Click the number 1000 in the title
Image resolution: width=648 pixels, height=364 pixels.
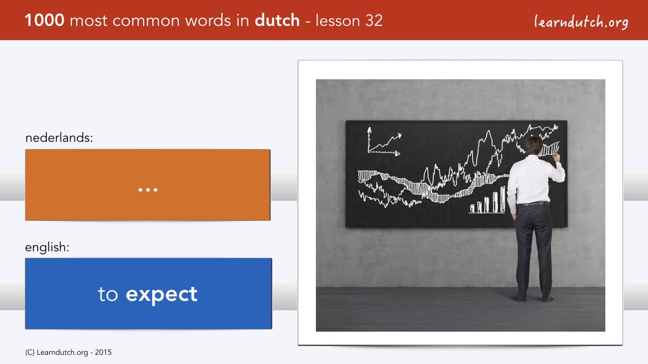click(x=44, y=20)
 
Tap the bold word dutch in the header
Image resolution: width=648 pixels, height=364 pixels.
click(x=277, y=20)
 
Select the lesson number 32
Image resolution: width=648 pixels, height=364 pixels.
click(x=374, y=20)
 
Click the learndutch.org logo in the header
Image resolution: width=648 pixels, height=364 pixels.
click(x=581, y=22)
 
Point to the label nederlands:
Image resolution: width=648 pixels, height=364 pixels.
click(x=59, y=138)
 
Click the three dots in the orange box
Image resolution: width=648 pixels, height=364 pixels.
click(x=148, y=190)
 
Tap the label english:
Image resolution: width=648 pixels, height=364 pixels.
click(x=47, y=247)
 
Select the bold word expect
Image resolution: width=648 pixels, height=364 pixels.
click(x=161, y=295)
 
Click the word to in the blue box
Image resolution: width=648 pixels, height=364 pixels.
click(x=108, y=294)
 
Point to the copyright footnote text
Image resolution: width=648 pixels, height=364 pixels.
click(x=68, y=353)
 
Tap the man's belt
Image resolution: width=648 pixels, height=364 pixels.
click(x=533, y=204)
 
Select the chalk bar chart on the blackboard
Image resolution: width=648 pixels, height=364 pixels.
click(x=488, y=200)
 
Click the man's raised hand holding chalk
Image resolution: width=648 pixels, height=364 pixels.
click(x=556, y=157)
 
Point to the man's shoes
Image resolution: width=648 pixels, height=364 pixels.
click(x=533, y=298)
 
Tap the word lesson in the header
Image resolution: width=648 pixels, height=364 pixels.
click(x=337, y=20)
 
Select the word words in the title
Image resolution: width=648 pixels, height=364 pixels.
click(x=208, y=20)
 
